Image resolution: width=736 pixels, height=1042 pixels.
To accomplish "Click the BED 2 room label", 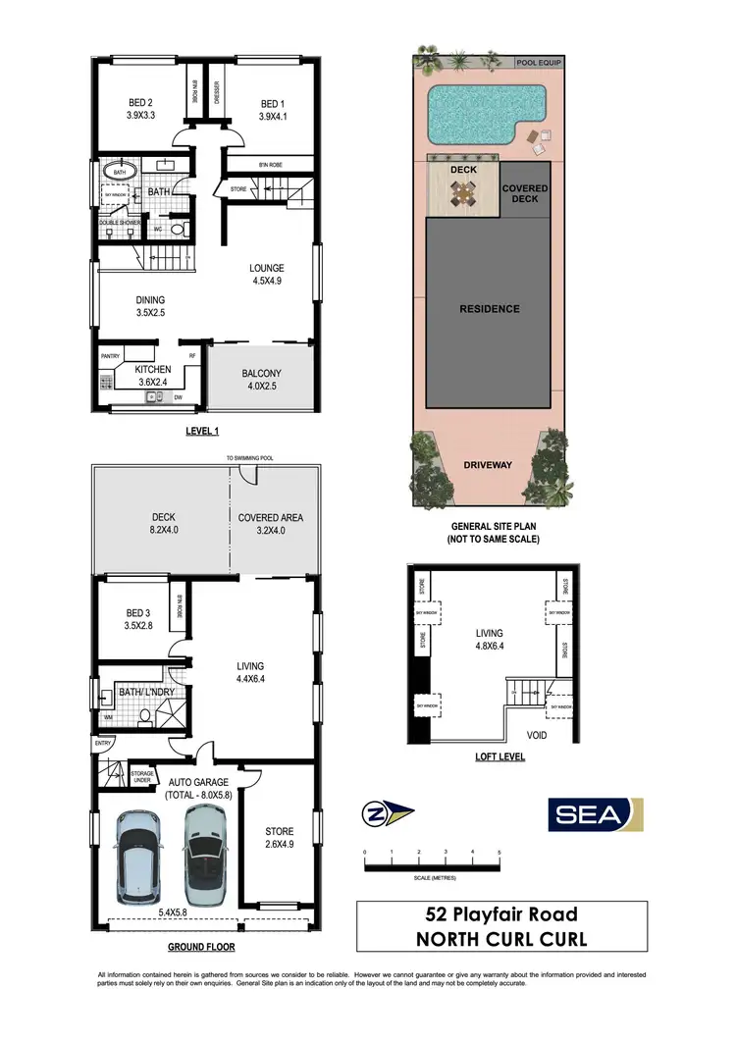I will pyautogui.click(x=140, y=102).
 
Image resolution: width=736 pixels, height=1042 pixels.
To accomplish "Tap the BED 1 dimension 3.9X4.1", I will pyautogui.click(x=271, y=117).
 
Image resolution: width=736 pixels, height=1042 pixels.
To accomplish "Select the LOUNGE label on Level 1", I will pyautogui.click(x=266, y=268).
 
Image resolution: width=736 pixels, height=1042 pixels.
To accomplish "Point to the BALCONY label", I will pyautogui.click(x=261, y=373).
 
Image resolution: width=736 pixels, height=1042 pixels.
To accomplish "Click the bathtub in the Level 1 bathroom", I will pyautogui.click(x=120, y=170).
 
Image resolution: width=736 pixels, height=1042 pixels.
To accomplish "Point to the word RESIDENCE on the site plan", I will pyautogui.click(x=489, y=309).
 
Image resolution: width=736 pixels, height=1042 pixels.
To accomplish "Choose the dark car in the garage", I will pyautogui.click(x=206, y=853).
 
